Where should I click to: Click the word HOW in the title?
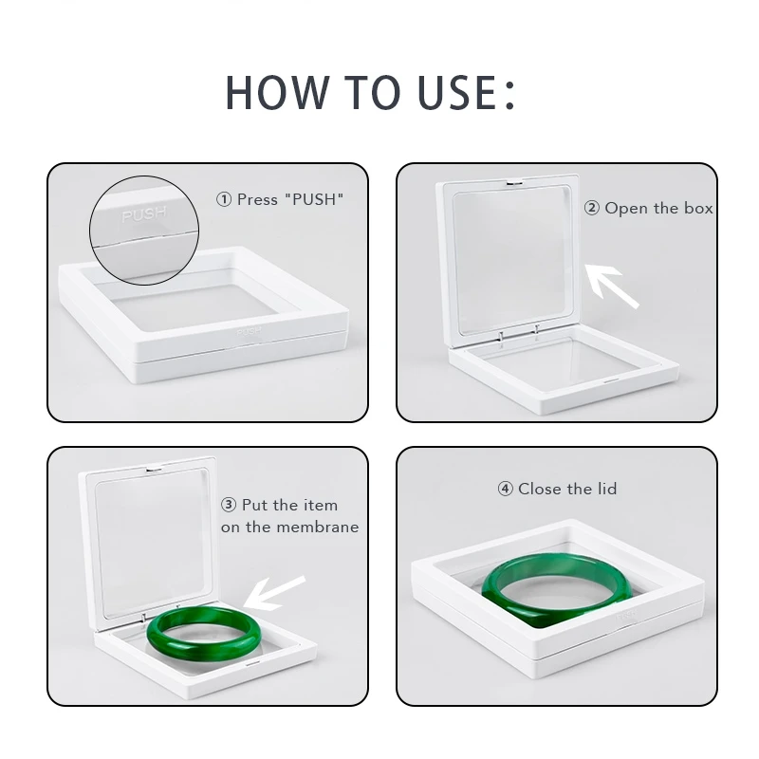pos(276,92)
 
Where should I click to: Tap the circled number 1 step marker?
pos(224,199)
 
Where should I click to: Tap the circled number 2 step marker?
pos(591,208)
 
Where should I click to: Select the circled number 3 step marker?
pos(229,505)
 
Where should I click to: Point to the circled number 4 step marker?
pos(505,489)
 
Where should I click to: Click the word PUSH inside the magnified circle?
pos(144,214)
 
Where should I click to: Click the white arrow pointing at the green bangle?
pos(274,593)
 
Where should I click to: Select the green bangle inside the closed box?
pos(557,589)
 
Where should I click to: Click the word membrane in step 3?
pos(314,527)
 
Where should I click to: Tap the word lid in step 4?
pos(607,489)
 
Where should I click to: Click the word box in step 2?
pos(698,208)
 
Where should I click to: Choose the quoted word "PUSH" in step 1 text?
pos(315,199)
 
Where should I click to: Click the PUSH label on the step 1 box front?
pos(249,332)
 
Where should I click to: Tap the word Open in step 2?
pos(626,209)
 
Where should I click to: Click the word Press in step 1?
pos(257,199)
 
